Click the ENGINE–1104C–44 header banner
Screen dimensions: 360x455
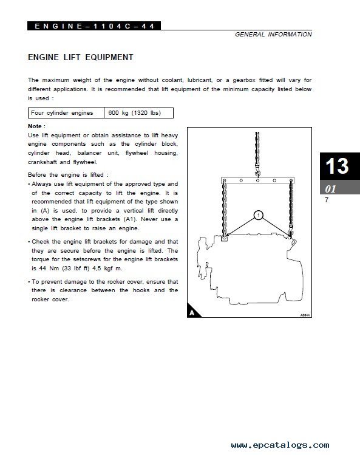94,26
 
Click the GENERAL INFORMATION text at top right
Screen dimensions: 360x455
273,35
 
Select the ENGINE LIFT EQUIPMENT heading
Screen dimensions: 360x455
81,57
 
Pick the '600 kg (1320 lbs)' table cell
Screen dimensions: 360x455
138,113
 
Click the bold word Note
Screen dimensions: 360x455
35,126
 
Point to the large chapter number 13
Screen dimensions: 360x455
337,166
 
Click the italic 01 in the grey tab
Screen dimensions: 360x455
330,189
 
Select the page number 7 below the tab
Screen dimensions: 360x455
327,200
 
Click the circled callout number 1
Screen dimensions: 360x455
258,215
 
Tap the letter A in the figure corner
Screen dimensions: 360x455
192,313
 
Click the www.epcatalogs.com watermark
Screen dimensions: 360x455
280,445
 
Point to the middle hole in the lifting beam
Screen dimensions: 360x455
257,180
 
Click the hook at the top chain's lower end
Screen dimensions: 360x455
257,173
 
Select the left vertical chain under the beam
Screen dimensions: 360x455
224,209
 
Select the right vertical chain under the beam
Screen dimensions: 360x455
291,208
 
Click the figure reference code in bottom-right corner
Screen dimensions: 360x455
305,315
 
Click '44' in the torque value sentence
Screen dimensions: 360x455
42,269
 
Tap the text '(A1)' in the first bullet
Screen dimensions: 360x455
130,219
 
